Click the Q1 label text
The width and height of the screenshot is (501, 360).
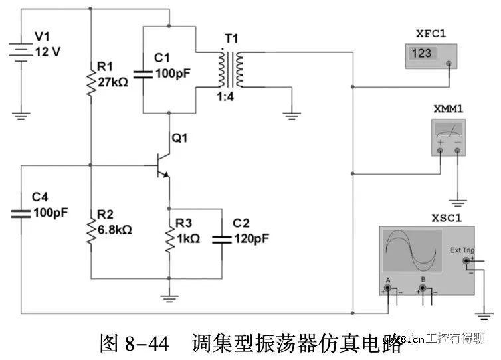pyautogui.click(x=180, y=138)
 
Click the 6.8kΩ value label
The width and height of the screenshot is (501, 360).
pyautogui.click(x=115, y=230)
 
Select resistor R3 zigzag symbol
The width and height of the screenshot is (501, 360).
pyautogui.click(x=170, y=238)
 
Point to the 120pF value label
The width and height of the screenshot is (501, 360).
pyautogui.click(x=250, y=238)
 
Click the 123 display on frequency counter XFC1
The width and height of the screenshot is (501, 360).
pyautogui.click(x=422, y=53)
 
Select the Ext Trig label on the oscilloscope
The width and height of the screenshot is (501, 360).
pyautogui.click(x=462, y=250)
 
